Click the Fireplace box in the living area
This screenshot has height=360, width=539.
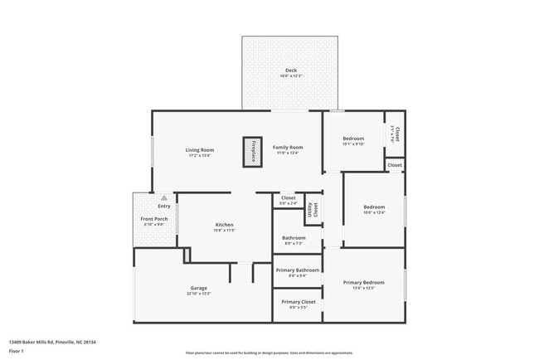pyautogui.click(x=253, y=152)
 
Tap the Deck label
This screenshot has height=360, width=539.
pyautogui.click(x=290, y=70)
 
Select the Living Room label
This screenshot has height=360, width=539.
pyautogui.click(x=201, y=150)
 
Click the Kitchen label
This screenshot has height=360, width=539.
pyautogui.click(x=224, y=225)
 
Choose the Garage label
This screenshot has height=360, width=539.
pyautogui.click(x=199, y=289)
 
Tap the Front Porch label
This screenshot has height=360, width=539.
pyautogui.click(x=154, y=219)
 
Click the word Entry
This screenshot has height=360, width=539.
pyautogui.click(x=163, y=207)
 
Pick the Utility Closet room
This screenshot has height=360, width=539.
pyautogui.click(x=313, y=210)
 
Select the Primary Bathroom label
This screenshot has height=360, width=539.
pyautogui.click(x=297, y=270)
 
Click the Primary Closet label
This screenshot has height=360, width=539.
pyautogui.click(x=298, y=302)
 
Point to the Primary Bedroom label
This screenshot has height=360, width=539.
pyautogui.click(x=363, y=283)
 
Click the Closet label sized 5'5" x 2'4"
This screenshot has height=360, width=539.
pyautogui.click(x=289, y=198)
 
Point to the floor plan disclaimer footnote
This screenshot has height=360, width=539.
pyautogui.click(x=269, y=353)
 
